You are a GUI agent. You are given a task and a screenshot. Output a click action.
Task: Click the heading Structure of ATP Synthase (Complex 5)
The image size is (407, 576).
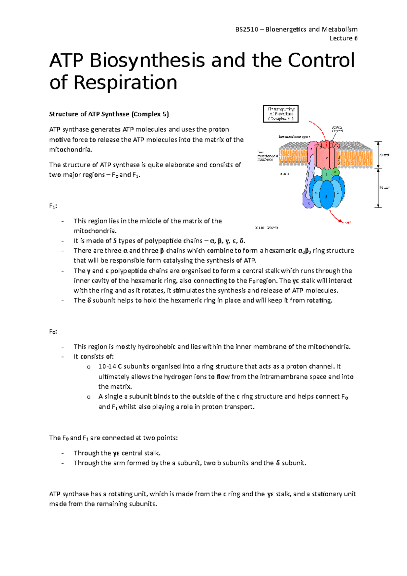[x=109, y=114]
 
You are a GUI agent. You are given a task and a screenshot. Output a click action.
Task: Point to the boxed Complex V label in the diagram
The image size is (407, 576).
[x=281, y=114]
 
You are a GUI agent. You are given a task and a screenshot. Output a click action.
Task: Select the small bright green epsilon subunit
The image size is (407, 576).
[x=336, y=172]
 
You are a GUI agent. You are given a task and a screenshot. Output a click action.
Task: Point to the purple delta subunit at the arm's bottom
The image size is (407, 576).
[x=307, y=200]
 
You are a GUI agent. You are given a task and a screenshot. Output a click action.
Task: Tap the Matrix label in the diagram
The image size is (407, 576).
[x=284, y=174]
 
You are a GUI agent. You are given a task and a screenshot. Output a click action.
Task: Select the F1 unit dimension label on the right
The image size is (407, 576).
[x=384, y=187]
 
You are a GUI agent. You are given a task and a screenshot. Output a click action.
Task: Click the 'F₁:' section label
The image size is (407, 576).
[x=53, y=206]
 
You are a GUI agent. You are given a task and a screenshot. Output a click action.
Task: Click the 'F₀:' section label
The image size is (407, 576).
[x=53, y=331]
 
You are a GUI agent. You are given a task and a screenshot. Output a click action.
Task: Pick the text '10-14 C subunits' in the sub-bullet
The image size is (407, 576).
[x=123, y=366]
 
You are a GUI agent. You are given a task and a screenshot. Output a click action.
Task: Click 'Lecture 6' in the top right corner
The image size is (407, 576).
[x=343, y=38]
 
